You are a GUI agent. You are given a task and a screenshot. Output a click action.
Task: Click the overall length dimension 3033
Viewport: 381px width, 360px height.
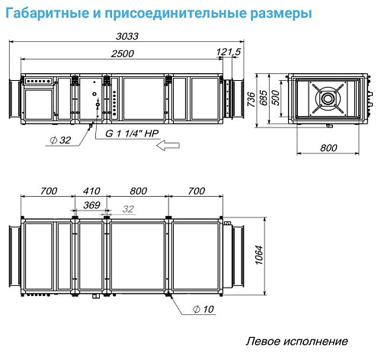coord(127,36)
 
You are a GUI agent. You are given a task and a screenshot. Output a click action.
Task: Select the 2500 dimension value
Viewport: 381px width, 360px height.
coord(122,53)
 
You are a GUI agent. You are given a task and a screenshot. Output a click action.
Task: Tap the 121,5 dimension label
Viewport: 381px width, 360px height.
coord(229,52)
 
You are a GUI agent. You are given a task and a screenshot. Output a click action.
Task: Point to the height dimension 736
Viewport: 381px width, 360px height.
coord(251,99)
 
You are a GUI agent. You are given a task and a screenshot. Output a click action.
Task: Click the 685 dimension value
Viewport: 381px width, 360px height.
coord(264,98)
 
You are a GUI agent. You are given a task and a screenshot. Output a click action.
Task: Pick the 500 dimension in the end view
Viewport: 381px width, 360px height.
coord(275,98)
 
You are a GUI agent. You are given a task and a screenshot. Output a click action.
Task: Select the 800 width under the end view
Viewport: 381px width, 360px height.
coord(328,148)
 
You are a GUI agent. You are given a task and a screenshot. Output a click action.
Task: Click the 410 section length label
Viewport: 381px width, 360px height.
coord(91,191)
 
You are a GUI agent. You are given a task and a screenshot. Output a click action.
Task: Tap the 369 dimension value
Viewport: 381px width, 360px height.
coord(91,205)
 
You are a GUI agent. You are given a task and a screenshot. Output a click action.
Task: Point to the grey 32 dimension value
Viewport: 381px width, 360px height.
coord(128,209)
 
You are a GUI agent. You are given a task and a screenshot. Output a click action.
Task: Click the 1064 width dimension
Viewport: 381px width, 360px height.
coord(259,256)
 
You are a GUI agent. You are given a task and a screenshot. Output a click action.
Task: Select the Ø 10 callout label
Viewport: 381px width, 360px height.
coord(203,309)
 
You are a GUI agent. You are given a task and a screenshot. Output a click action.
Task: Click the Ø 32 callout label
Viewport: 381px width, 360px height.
coord(60,140)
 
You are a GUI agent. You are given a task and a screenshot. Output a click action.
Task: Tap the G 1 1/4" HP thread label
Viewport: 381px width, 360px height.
coord(132,133)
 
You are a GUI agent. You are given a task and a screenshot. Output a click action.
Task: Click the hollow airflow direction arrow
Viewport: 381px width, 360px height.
coord(168,146)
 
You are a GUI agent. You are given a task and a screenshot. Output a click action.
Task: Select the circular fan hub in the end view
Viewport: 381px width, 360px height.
coord(328,98)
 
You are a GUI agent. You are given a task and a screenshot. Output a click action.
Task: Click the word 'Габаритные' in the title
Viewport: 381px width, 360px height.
coord(47,13)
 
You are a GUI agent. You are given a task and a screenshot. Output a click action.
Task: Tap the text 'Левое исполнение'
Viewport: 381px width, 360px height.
coord(296,341)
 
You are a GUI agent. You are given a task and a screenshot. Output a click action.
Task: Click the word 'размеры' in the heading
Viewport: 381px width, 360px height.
coord(281,14)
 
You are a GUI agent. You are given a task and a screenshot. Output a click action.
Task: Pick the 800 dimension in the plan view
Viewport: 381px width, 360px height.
coord(138,191)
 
